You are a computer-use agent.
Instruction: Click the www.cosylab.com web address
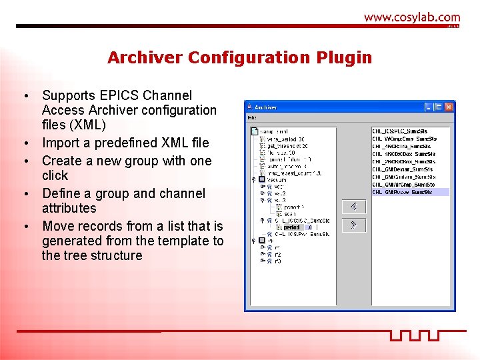411,18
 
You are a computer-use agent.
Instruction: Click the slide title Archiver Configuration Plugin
239,58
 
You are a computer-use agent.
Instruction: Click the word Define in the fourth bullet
61,193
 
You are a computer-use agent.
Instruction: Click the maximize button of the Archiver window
438,107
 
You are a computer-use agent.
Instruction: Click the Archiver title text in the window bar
267,107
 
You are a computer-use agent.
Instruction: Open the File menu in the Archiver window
251,118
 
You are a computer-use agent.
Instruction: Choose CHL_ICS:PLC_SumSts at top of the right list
399,131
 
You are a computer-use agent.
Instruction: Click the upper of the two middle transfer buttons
353,207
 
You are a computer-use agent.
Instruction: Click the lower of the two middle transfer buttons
353,225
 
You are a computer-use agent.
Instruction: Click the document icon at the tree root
255,132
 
